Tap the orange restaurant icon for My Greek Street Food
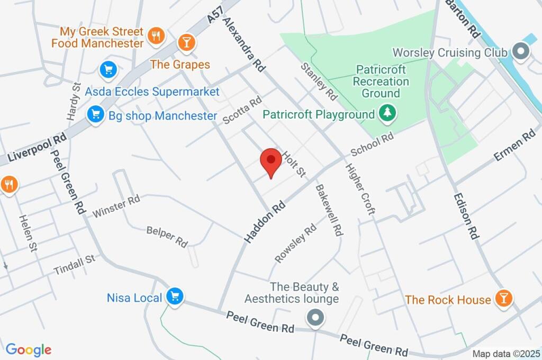tap(156, 35)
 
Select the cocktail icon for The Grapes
tap(186, 42)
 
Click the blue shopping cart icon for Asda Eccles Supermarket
tap(108, 69)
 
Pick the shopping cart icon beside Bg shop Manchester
tap(96, 114)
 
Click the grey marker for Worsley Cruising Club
tap(521, 52)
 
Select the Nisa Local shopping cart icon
tap(174, 296)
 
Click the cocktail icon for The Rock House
tap(503, 299)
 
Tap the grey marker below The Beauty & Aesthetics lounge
tap(315, 318)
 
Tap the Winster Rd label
tap(116, 206)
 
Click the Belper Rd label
tap(167, 236)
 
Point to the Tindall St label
tap(74, 264)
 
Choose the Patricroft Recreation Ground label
tap(381, 81)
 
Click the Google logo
tap(29, 349)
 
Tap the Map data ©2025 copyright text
tap(505, 353)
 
